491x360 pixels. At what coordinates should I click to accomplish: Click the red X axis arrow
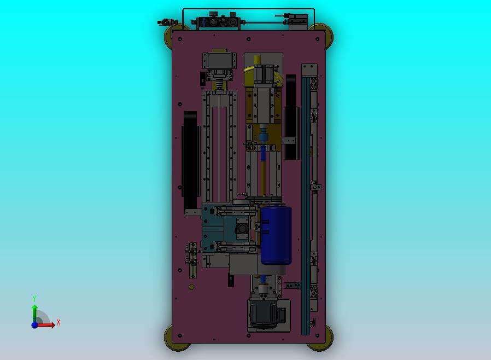pyautogui.click(x=47, y=325)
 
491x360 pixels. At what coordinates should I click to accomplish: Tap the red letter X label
pyautogui.click(x=59, y=322)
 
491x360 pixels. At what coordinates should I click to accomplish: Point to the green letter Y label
pyautogui.click(x=34, y=298)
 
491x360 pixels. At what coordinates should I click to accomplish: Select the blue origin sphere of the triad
pyautogui.click(x=34, y=325)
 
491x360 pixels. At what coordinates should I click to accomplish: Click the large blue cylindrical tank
pyautogui.click(x=276, y=235)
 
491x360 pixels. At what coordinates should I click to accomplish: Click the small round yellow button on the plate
pyautogui.click(x=191, y=287)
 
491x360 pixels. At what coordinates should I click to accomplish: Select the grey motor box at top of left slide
pyautogui.click(x=218, y=60)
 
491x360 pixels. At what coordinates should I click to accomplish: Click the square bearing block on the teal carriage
pyautogui.click(x=242, y=228)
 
